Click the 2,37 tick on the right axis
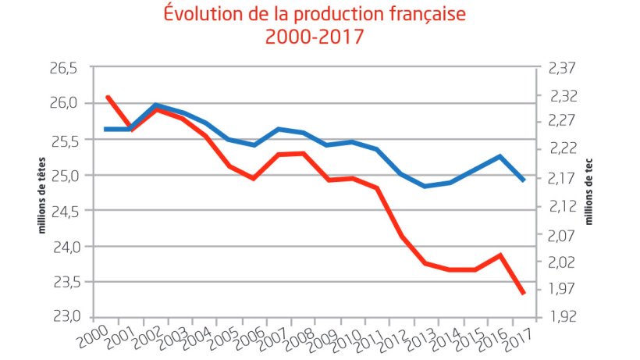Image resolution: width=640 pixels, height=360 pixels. coord(561,69)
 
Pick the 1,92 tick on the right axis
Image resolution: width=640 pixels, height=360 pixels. coord(561,317)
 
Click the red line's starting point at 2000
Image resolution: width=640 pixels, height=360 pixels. coord(107,97)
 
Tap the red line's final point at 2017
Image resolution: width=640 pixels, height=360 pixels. coord(524,293)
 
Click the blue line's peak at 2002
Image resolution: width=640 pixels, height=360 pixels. coord(156,105)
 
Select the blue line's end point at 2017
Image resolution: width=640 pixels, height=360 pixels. coord(524,180)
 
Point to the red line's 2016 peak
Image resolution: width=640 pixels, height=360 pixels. coord(500,255)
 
